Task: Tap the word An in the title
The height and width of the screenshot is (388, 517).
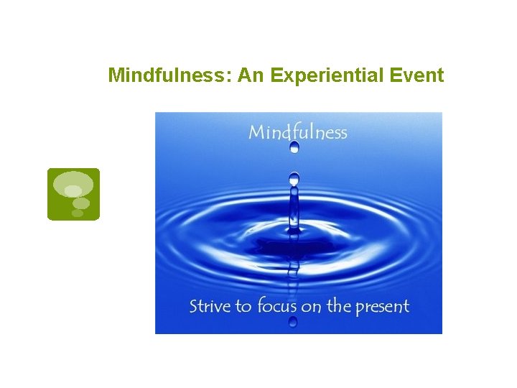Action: [x=251, y=75]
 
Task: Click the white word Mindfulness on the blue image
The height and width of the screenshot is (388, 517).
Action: [x=297, y=132]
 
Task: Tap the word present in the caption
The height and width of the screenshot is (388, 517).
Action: [x=382, y=307]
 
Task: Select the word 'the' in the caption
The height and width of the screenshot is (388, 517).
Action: [x=339, y=306]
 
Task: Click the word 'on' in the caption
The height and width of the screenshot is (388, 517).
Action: [x=312, y=307]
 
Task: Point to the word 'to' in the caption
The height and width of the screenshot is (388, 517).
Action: [x=244, y=306]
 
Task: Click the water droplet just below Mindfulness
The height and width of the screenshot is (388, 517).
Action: [x=294, y=147]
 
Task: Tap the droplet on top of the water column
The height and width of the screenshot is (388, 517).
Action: [x=294, y=177]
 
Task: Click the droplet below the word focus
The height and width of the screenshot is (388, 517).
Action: [x=293, y=322]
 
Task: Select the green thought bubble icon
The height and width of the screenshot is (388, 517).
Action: [x=73, y=194]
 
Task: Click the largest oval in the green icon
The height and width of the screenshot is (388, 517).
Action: [x=73, y=183]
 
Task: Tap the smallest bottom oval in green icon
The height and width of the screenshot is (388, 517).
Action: [x=78, y=213]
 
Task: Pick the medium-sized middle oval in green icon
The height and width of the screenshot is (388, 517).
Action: [x=81, y=203]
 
